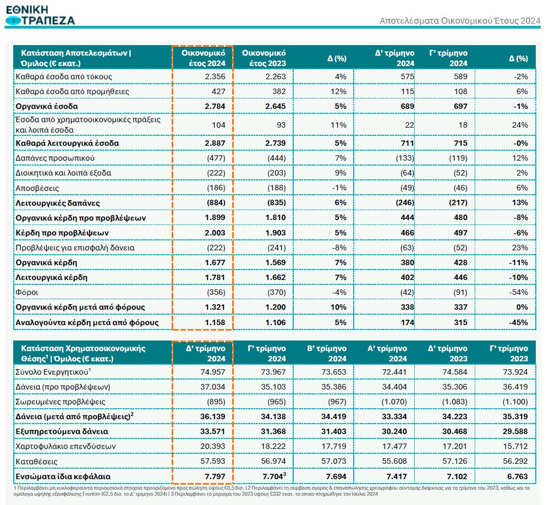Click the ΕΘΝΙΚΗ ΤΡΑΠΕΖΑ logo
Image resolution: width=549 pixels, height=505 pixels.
click(x=40, y=14)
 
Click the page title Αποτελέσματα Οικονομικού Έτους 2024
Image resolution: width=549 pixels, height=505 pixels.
click(x=460, y=20)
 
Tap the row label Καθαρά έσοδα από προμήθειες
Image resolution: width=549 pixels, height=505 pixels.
click(x=72, y=91)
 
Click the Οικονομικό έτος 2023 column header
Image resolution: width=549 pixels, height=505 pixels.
click(x=263, y=58)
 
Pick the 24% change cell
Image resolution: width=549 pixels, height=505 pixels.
click(x=519, y=124)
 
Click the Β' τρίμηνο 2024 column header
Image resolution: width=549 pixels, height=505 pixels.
click(x=326, y=353)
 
